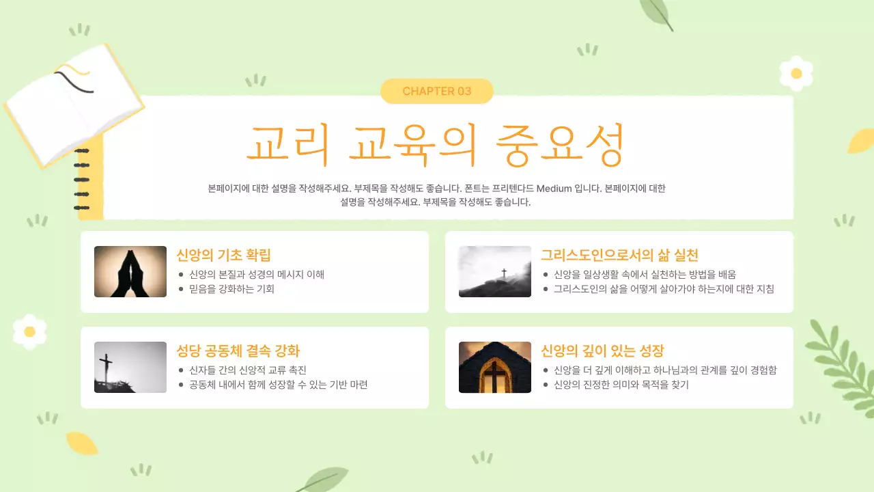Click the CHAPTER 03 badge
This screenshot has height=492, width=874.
pyautogui.click(x=437, y=91)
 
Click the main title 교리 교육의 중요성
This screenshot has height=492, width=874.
pyautogui.click(x=436, y=145)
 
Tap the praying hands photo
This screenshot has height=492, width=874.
pyautogui.click(x=130, y=271)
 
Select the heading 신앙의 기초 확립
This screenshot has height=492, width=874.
pyautogui.click(x=223, y=256)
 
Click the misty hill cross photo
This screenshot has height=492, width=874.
pyautogui.click(x=495, y=271)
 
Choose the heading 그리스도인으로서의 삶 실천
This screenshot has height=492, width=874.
pyautogui.click(x=619, y=256)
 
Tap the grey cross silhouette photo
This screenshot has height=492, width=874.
pyautogui.click(x=130, y=367)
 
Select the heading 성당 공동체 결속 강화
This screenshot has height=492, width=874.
pyautogui.click(x=238, y=351)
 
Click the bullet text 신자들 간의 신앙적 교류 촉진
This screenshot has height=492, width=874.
pyautogui.click(x=248, y=370)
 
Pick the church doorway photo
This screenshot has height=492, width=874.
pyautogui.click(x=495, y=367)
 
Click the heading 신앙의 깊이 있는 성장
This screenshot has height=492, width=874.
pyautogui.click(x=602, y=351)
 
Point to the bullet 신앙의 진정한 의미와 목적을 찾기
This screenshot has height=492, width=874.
pyautogui.click(x=621, y=385)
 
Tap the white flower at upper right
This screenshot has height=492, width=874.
pyautogui.click(x=796, y=73)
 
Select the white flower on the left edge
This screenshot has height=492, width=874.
pyautogui.click(x=29, y=331)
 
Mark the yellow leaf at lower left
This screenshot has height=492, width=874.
pyautogui.click(x=81, y=443)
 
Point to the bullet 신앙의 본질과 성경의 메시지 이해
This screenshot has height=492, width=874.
pyautogui.click(x=257, y=275)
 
